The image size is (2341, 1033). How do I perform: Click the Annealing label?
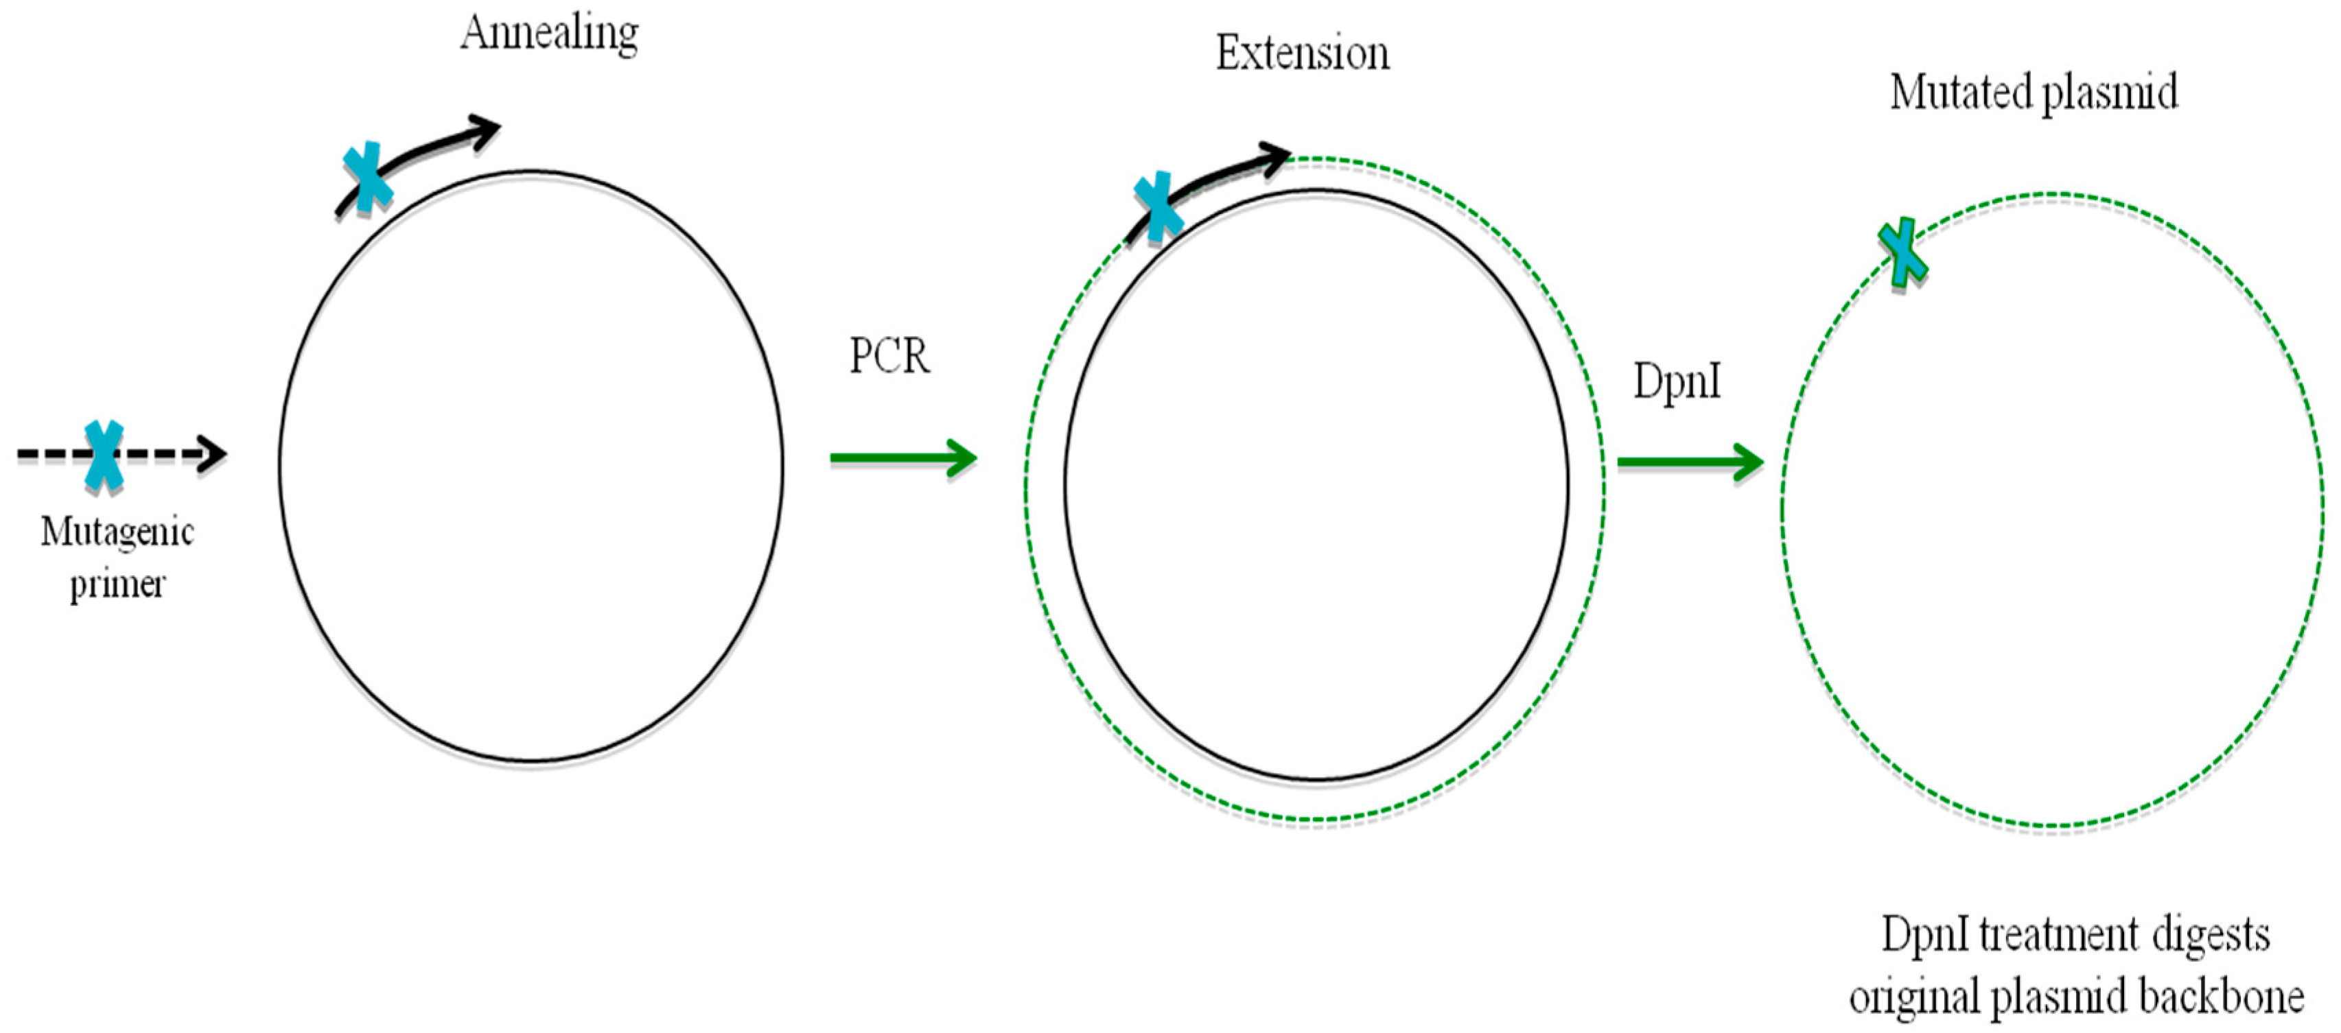(x=549, y=34)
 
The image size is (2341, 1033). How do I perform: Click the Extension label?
(x=1303, y=54)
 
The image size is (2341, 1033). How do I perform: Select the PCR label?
(x=889, y=355)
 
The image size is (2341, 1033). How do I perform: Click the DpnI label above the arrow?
(x=1677, y=381)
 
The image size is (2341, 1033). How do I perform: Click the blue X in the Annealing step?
(x=367, y=177)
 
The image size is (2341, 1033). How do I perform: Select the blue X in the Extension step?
(x=1158, y=207)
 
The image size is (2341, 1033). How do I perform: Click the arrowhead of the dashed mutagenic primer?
(x=213, y=453)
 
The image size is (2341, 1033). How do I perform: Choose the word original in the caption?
(x=1915, y=997)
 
